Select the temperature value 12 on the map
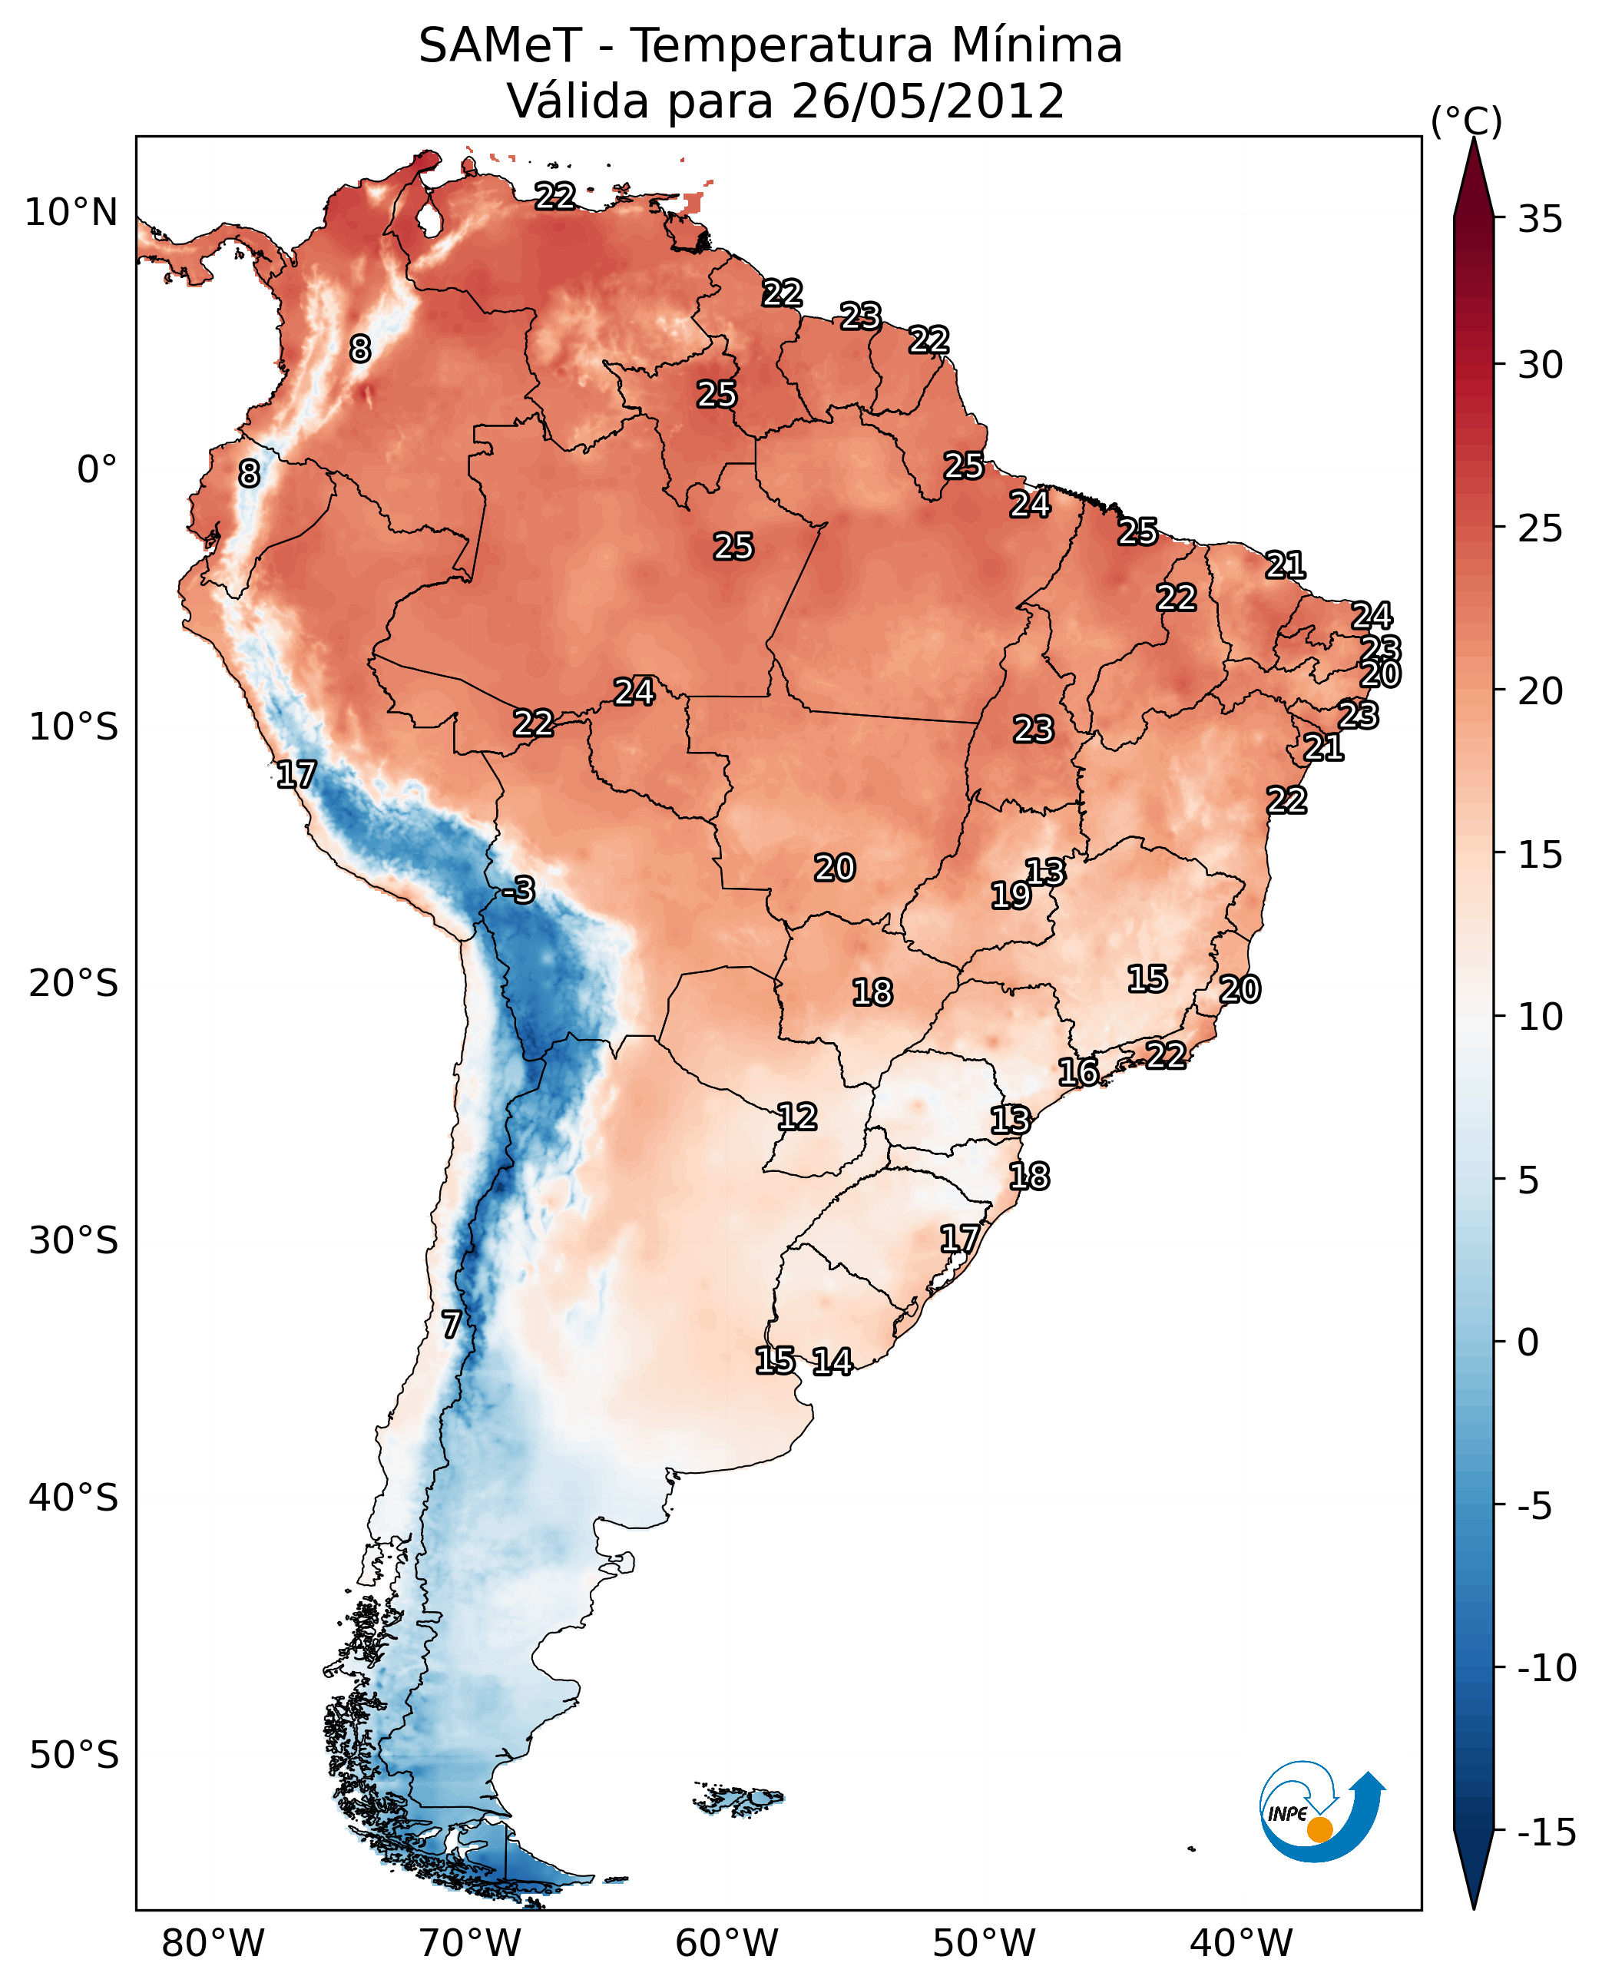click(x=796, y=1117)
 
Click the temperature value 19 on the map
click(x=1011, y=895)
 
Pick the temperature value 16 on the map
click(x=1077, y=1072)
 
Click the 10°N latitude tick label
click(x=71, y=213)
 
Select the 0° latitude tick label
click(x=97, y=470)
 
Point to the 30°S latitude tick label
click(x=74, y=1241)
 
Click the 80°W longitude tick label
click(x=213, y=1943)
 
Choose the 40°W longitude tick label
click(x=1241, y=1943)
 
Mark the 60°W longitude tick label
click(x=727, y=1943)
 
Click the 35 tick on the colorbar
click(x=1540, y=220)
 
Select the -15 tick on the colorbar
click(x=1547, y=1832)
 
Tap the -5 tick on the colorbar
click(x=1540, y=1506)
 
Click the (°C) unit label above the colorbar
click(x=1466, y=121)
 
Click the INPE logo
click(x=1321, y=1814)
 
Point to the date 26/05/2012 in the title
click(x=928, y=101)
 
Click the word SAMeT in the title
click(x=499, y=45)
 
